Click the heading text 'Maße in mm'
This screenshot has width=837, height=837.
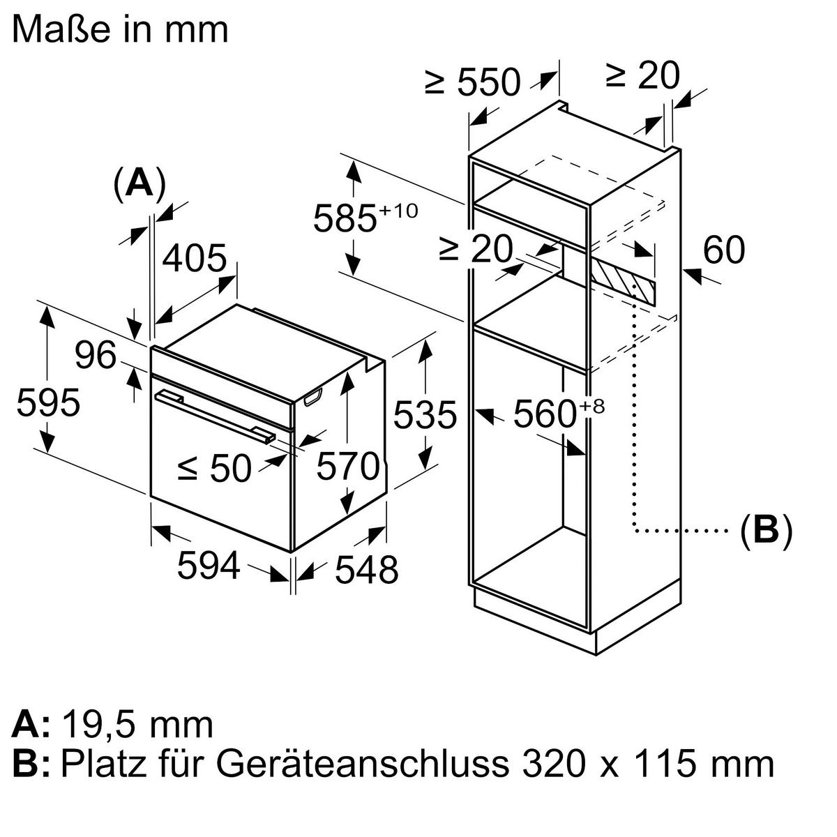coord(120,29)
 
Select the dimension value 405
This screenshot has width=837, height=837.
coord(195,259)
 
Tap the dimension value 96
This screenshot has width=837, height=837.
coord(96,356)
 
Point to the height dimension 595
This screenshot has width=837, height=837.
coord(48,403)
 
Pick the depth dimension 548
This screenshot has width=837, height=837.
coord(366,570)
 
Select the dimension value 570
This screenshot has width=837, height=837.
coord(348,466)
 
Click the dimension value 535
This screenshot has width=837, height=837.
coord(425,415)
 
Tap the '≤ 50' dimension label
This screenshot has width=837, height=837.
coord(214,468)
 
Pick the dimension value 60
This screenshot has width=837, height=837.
coord(724,250)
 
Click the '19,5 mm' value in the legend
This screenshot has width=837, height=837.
coord(137,725)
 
